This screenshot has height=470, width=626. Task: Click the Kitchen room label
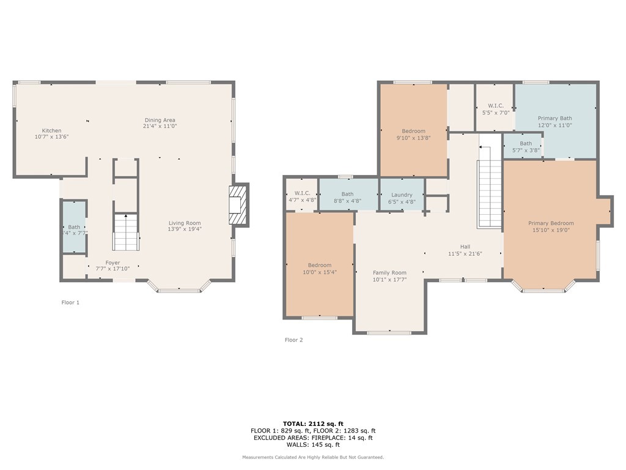52,131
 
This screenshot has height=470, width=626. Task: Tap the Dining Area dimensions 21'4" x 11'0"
160,126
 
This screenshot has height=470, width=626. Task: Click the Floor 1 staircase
126,232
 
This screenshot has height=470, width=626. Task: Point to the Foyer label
112,263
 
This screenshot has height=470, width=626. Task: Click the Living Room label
185,223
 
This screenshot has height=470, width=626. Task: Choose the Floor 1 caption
70,302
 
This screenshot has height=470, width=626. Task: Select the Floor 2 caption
294,340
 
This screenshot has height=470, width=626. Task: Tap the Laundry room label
402,195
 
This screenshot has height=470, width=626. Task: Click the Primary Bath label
555,118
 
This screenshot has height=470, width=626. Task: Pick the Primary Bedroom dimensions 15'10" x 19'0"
551,230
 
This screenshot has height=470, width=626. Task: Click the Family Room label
389,272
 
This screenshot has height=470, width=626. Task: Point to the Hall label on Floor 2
465,247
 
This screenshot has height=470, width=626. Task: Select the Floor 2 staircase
490,187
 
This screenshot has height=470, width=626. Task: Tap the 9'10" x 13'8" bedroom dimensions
414,138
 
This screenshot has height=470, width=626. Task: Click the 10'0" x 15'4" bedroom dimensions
320,272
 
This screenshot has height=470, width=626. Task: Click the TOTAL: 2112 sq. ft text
313,423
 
